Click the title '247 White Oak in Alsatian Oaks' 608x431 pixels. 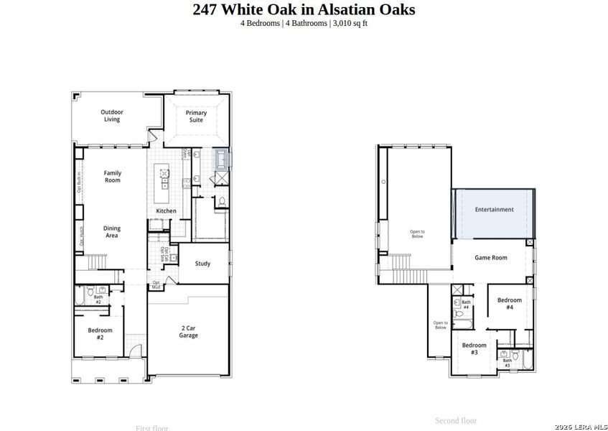(x=304, y=9)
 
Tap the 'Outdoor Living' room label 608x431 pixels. (x=111, y=115)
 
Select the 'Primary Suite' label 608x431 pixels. (x=196, y=116)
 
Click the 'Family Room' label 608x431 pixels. (x=112, y=176)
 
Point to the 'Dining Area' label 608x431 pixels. (x=112, y=231)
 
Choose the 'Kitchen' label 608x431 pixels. (x=167, y=210)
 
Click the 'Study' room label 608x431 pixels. (x=202, y=264)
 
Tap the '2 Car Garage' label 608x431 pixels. (x=188, y=331)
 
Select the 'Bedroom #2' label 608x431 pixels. (x=100, y=333)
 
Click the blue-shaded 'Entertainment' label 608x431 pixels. (x=494, y=210)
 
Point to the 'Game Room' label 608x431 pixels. (x=491, y=257)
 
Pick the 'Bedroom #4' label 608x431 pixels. (x=509, y=303)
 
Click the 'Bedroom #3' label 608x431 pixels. (x=474, y=348)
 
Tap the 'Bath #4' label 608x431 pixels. (x=466, y=305)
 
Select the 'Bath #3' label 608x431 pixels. (x=507, y=363)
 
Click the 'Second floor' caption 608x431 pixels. (x=455, y=420)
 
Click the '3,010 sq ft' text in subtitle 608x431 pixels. (x=350, y=23)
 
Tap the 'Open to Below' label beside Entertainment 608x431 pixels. (x=417, y=233)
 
